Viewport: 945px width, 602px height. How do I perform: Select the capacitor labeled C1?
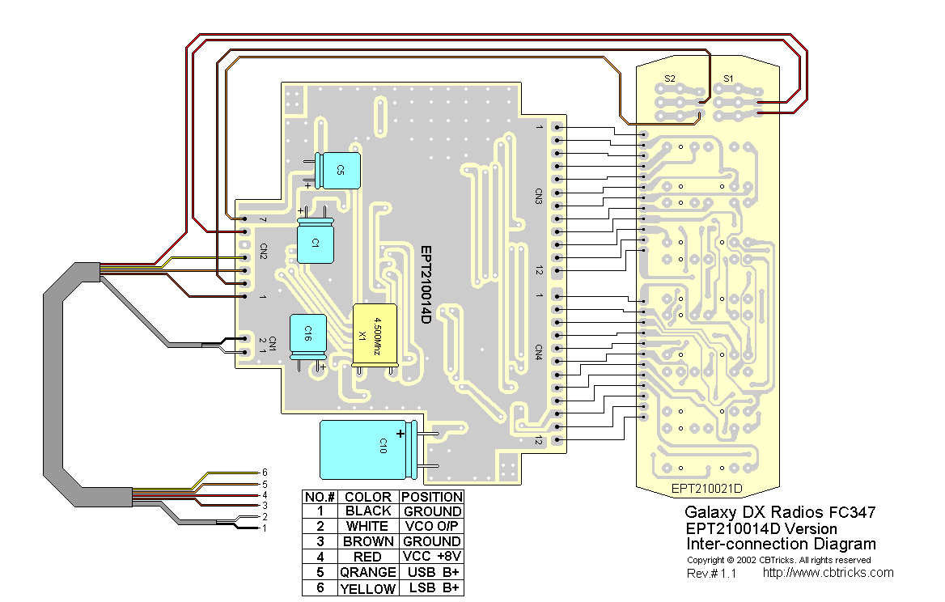point(316,242)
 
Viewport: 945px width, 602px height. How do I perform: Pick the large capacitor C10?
point(369,448)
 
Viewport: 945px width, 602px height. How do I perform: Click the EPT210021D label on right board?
point(706,489)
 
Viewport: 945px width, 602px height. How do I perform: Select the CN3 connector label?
point(538,197)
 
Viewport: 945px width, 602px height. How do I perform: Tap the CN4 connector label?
point(538,351)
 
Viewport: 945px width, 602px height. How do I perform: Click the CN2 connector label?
point(263,250)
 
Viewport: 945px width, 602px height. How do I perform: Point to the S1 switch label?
point(727,78)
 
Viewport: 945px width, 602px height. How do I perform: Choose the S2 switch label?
point(669,78)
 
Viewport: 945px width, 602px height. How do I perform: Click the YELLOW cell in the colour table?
point(367,588)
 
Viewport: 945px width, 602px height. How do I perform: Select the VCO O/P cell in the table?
point(431,526)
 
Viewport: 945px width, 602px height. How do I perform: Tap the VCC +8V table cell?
point(431,557)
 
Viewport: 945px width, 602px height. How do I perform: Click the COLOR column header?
point(367,496)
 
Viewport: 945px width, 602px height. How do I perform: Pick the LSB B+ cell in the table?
point(431,588)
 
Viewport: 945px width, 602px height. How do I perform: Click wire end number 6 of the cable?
point(264,472)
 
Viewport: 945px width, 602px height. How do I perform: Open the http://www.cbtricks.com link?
point(828,573)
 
